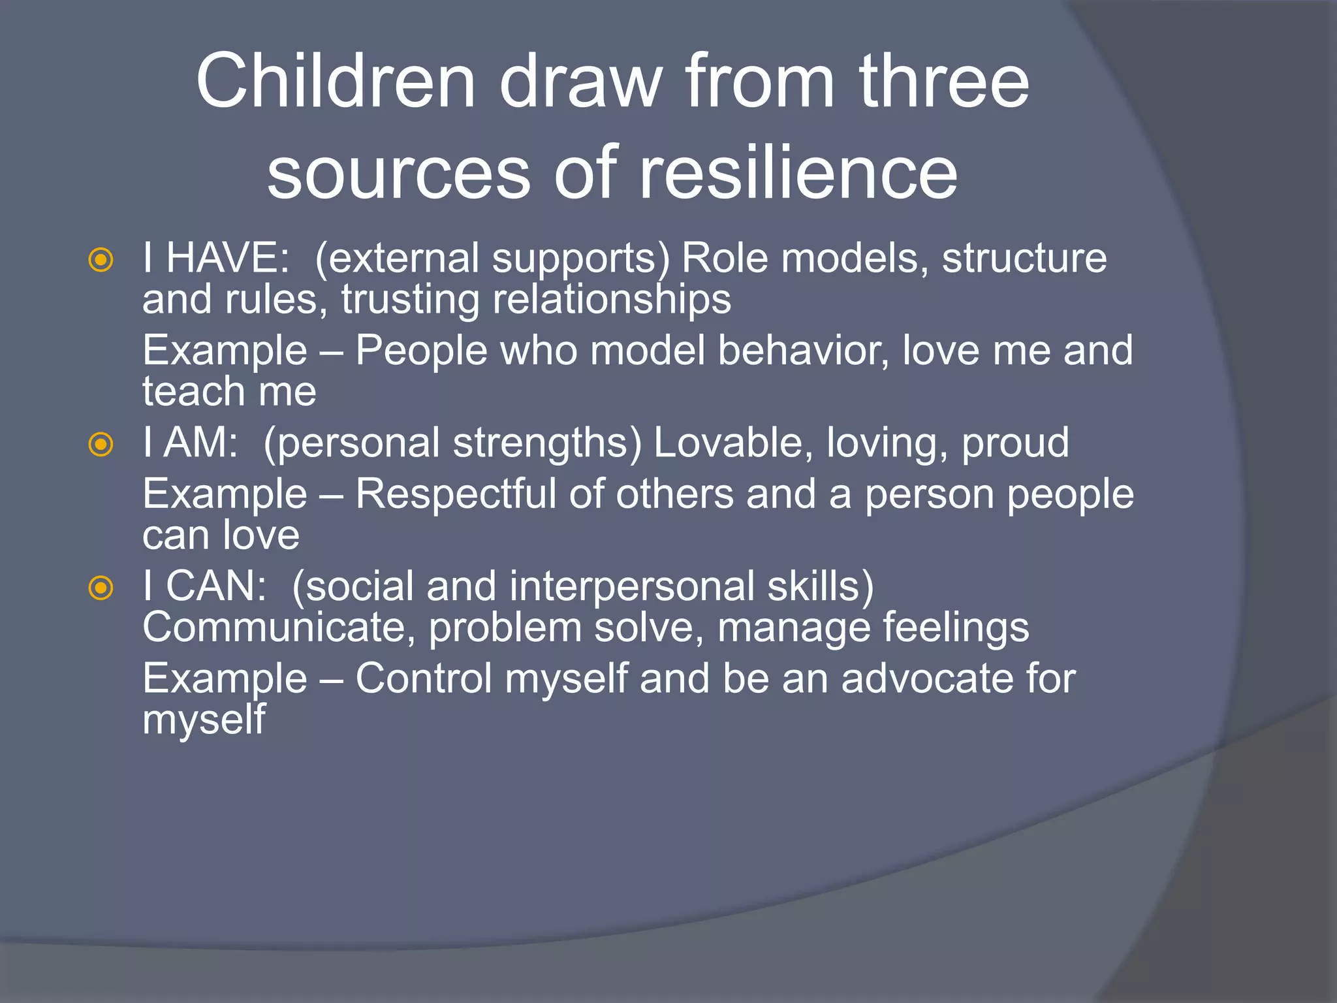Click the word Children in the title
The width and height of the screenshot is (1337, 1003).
pyautogui.click(x=335, y=82)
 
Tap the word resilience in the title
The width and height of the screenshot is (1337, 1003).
pyautogui.click(x=798, y=173)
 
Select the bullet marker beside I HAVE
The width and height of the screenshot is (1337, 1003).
pyautogui.click(x=101, y=261)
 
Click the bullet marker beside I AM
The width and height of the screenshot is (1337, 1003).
pyautogui.click(x=101, y=445)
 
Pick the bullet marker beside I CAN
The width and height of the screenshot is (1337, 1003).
pyautogui.click(x=101, y=588)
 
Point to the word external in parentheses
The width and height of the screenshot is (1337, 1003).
pyautogui.click(x=400, y=259)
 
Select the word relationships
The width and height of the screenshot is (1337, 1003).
pyautogui.click(x=612, y=300)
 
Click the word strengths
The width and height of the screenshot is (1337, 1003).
pyautogui.click(x=547, y=443)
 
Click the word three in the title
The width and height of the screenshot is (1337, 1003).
pyautogui.click(x=944, y=82)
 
